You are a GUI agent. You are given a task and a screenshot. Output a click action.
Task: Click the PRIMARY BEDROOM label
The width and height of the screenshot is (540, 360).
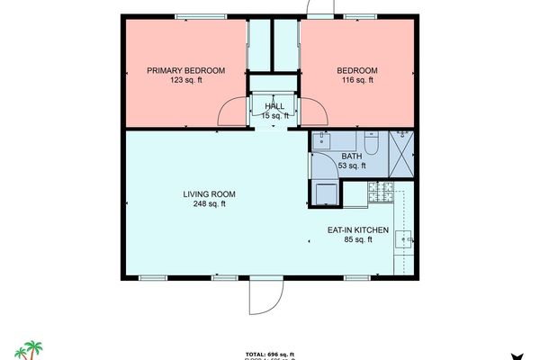(186, 70)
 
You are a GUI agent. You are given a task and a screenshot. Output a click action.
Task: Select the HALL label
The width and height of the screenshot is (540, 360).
(274, 106)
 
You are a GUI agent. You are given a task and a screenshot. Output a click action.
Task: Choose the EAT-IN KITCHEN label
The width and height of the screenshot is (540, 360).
(357, 230)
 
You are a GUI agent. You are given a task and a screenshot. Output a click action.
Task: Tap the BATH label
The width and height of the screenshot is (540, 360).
(351, 156)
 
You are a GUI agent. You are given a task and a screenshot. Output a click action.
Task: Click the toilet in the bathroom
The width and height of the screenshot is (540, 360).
(370, 143)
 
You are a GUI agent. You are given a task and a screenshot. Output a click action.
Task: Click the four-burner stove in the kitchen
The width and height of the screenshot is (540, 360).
(382, 191)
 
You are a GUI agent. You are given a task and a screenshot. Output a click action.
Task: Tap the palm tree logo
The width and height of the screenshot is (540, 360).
(33, 349)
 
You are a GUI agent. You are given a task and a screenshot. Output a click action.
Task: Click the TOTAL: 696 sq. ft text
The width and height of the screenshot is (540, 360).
(270, 355)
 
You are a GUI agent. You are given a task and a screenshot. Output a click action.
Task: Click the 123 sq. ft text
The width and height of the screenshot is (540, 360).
(186, 81)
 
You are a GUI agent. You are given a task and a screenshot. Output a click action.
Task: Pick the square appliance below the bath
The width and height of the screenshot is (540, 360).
(323, 193)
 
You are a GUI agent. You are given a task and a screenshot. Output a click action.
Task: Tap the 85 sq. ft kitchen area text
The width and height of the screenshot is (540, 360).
(357, 241)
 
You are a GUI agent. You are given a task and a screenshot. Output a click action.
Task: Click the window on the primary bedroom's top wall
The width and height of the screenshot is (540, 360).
(200, 15)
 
